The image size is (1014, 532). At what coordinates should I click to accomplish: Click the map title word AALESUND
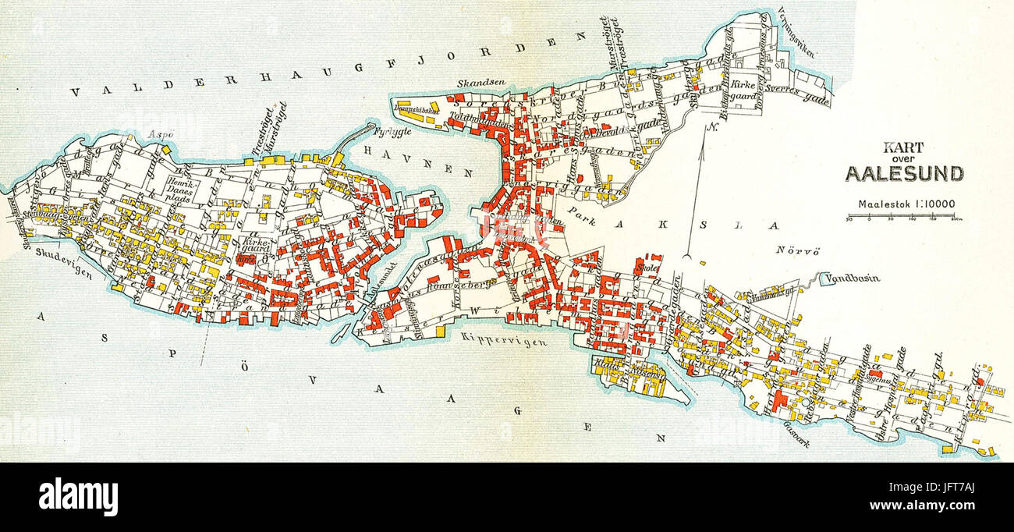905,174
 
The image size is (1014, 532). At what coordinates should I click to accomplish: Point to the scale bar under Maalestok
905,218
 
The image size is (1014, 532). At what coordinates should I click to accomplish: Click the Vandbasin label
853,277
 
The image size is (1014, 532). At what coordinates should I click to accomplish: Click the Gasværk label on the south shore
791,425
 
